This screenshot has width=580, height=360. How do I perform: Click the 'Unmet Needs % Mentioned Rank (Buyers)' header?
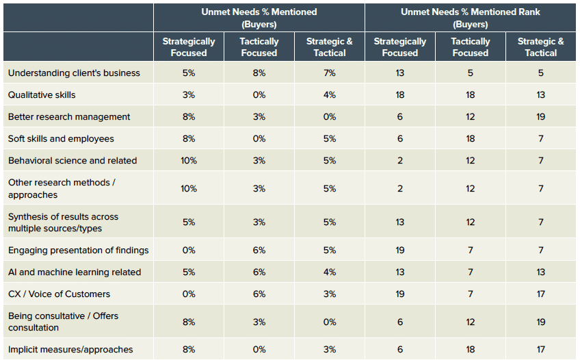click(x=471, y=18)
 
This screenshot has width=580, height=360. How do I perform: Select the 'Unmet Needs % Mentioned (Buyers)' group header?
click(x=259, y=18)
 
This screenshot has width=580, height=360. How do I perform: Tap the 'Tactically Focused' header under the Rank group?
click(x=471, y=47)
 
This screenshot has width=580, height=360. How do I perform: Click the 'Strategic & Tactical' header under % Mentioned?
click(x=330, y=47)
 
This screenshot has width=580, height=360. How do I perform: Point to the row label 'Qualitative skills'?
click(x=42, y=94)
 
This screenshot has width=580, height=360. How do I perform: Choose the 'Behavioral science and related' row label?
click(x=72, y=160)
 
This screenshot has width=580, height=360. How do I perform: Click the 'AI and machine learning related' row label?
click(x=75, y=272)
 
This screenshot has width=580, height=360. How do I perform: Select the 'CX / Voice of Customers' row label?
click(x=59, y=294)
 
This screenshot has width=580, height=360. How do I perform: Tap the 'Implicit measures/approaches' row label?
click(x=70, y=349)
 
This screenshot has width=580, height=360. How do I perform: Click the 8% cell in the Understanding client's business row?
click(x=259, y=73)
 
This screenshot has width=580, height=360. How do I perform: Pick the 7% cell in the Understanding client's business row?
click(x=330, y=73)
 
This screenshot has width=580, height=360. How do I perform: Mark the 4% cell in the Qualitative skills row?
click(x=330, y=94)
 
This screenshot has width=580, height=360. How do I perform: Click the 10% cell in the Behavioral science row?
click(x=189, y=160)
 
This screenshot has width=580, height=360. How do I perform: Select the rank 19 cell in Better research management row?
click(x=541, y=116)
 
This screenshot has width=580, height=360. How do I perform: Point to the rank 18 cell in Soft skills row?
click(x=471, y=138)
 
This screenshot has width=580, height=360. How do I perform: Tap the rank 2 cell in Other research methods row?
click(x=400, y=188)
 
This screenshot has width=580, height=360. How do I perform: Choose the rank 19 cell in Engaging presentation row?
click(x=400, y=250)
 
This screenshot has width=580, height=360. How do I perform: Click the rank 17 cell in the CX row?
click(x=541, y=294)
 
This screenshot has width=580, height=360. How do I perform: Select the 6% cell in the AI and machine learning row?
click(x=259, y=272)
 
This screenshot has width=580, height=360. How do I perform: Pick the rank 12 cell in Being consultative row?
click(x=471, y=322)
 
